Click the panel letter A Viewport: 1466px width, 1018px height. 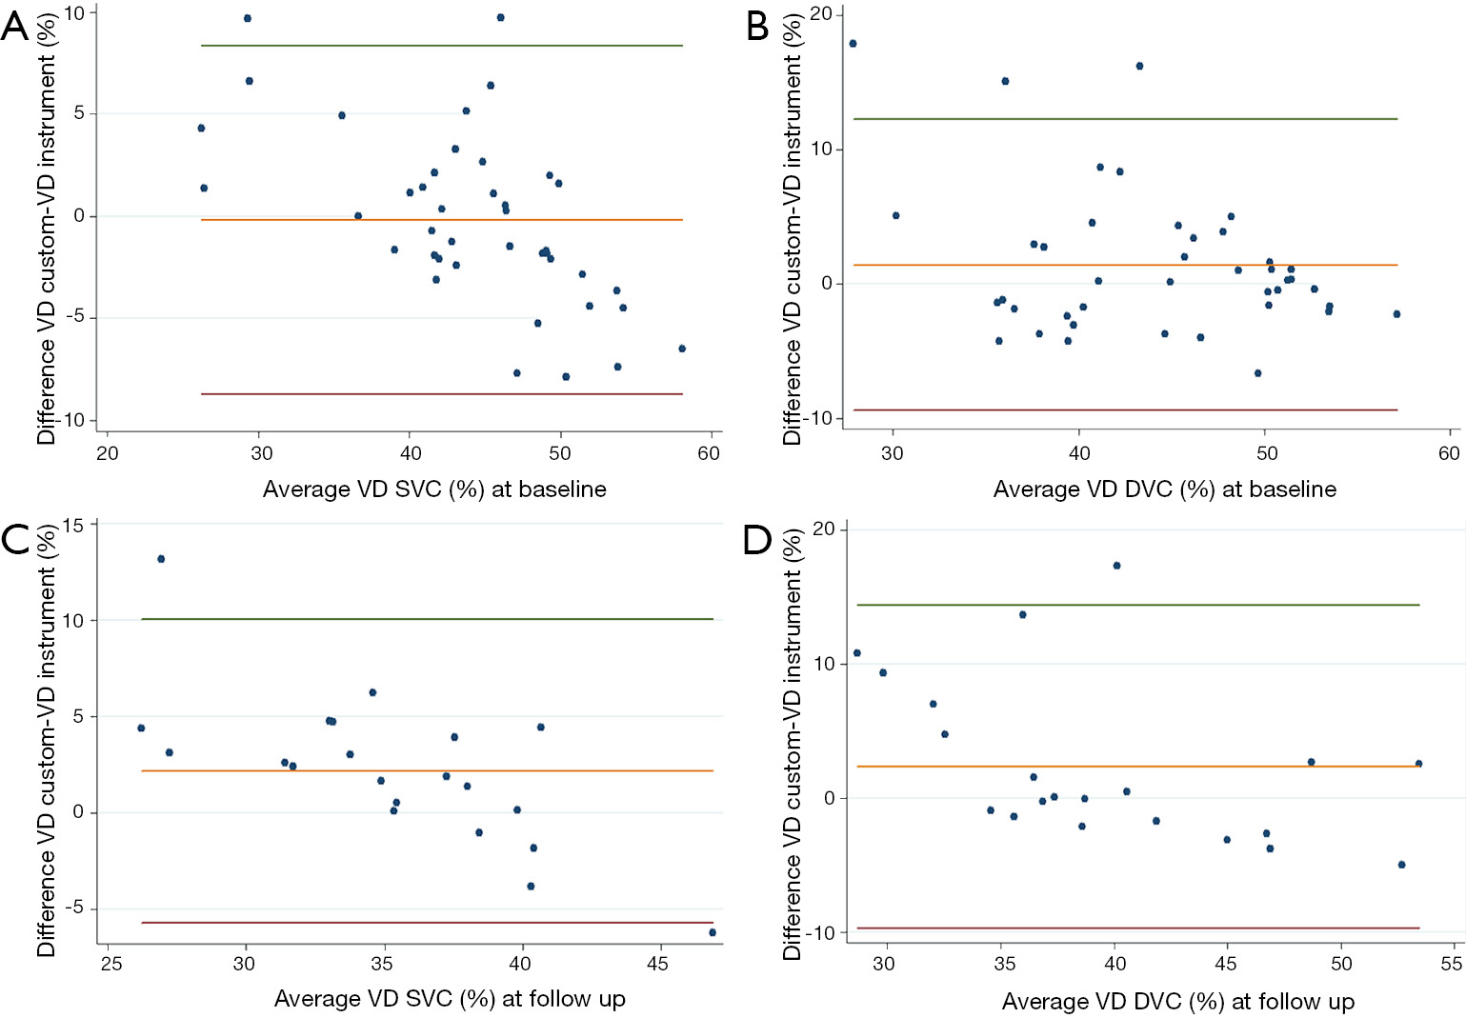click(x=15, y=26)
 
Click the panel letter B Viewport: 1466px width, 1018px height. click(x=757, y=26)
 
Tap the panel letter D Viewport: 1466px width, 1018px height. click(x=758, y=540)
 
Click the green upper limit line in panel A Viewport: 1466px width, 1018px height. click(x=442, y=46)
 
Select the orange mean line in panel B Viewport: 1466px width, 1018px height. click(x=1125, y=265)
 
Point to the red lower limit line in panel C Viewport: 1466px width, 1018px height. click(x=427, y=923)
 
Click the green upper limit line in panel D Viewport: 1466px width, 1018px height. click(x=1138, y=605)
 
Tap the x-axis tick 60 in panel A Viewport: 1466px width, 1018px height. click(x=709, y=453)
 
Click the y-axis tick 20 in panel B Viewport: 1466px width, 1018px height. click(x=820, y=14)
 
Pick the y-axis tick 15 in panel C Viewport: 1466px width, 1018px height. click(x=73, y=525)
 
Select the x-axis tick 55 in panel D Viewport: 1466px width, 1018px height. click(x=1451, y=964)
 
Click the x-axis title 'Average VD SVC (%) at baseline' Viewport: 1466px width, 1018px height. click(x=434, y=489)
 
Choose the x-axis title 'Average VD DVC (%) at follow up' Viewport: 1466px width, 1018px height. click(x=1177, y=1002)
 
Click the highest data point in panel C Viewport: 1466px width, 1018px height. click(x=161, y=559)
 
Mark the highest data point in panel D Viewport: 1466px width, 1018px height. click(x=1116, y=566)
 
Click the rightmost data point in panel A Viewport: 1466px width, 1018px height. click(x=682, y=349)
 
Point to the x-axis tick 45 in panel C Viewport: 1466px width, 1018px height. click(x=657, y=964)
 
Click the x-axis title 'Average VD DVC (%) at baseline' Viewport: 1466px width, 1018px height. click(x=1164, y=489)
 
